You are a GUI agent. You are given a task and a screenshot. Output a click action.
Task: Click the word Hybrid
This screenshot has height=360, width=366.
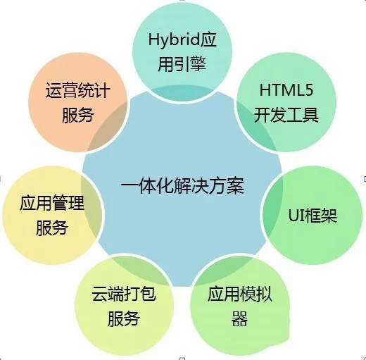click(x=174, y=41)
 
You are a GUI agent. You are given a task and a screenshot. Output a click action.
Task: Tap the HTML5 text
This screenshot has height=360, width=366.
click(x=286, y=90)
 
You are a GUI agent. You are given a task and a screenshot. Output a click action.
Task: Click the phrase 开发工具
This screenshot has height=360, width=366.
click(x=286, y=115)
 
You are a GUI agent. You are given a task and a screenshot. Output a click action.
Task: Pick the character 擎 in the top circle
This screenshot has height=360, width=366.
click(x=198, y=64)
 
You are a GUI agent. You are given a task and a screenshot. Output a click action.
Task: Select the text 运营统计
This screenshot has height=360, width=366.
click(x=78, y=90)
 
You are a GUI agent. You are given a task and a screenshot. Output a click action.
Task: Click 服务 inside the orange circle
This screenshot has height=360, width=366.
click(x=78, y=115)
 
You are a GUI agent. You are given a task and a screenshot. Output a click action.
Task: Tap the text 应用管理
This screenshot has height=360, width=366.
click(x=52, y=203)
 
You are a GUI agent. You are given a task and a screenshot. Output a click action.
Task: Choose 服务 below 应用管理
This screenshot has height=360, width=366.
click(x=52, y=228)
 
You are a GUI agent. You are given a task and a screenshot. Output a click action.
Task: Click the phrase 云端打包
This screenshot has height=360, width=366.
click(x=124, y=294)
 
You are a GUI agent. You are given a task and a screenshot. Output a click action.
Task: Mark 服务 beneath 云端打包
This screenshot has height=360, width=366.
click(x=124, y=318)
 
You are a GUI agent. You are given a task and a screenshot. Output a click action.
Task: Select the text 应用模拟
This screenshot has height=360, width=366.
click(x=240, y=294)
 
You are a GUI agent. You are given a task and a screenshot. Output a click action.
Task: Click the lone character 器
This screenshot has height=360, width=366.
click(x=239, y=318)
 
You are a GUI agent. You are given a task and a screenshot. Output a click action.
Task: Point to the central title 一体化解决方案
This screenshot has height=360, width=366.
click(x=183, y=186)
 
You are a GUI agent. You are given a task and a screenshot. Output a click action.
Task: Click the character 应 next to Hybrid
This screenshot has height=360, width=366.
click(x=208, y=39)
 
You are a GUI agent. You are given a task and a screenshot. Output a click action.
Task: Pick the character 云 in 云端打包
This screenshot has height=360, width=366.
click(x=99, y=294)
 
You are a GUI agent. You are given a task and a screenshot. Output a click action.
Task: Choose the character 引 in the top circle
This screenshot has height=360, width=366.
click(x=182, y=64)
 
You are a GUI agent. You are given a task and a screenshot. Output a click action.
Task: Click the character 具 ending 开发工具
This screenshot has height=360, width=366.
click(x=310, y=115)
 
